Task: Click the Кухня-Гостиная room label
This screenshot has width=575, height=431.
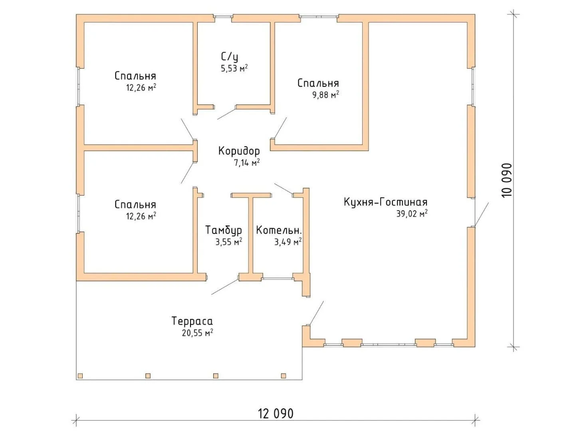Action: coord(385,202)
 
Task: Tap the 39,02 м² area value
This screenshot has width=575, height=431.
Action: coord(412,214)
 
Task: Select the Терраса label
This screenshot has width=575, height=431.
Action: coord(192,321)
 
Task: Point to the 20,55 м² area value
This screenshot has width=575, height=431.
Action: coord(198,333)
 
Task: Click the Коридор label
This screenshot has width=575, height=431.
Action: coord(239,151)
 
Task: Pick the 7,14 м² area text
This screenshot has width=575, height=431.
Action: coord(247,163)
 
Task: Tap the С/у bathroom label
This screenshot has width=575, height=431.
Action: coord(230,57)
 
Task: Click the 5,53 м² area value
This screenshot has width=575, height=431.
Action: coord(234,68)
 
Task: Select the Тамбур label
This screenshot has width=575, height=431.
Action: coord(224,230)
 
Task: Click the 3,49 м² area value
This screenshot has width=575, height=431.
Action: coord(288,242)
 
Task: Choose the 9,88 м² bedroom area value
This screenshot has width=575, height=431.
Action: coord(325,95)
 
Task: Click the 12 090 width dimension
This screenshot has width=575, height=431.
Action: coord(276,414)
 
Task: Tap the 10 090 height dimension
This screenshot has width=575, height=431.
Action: coord(507,180)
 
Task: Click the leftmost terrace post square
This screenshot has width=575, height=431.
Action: coord(80,376)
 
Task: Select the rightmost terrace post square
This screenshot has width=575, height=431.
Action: coord(283,376)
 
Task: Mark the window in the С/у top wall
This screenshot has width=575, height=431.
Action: coord(223,16)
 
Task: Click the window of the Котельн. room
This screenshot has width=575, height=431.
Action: coord(278,279)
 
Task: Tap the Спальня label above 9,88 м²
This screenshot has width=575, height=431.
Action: coord(318,83)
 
